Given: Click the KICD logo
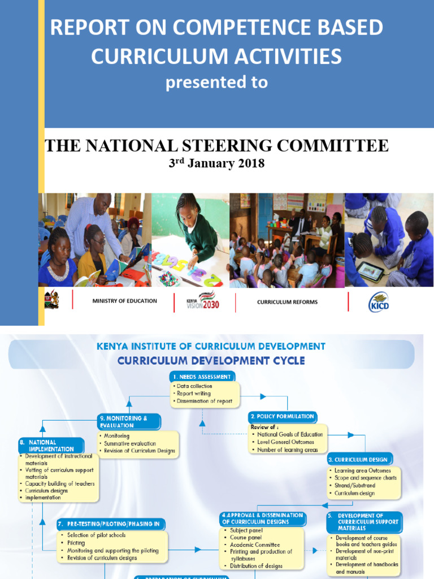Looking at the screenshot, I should point(379,302).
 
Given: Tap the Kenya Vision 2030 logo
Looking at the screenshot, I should point(203,302).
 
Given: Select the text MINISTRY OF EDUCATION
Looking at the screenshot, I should point(124,301).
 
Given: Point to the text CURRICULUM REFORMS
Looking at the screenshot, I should point(287,302).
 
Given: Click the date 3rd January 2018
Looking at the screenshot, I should point(217,164).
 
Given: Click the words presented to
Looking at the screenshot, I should point(216,83).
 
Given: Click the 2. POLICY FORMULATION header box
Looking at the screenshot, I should point(283,417).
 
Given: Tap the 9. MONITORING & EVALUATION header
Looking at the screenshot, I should point(128,421).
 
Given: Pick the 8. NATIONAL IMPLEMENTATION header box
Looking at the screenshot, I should point(50,446).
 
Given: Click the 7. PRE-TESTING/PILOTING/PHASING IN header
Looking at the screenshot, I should point(112,524).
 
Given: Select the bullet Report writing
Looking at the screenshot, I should point(194,394).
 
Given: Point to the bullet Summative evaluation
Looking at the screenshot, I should point(129,444).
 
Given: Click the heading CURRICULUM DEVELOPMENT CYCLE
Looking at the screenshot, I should point(210,361).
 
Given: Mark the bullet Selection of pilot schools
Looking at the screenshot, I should point(97,535).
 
